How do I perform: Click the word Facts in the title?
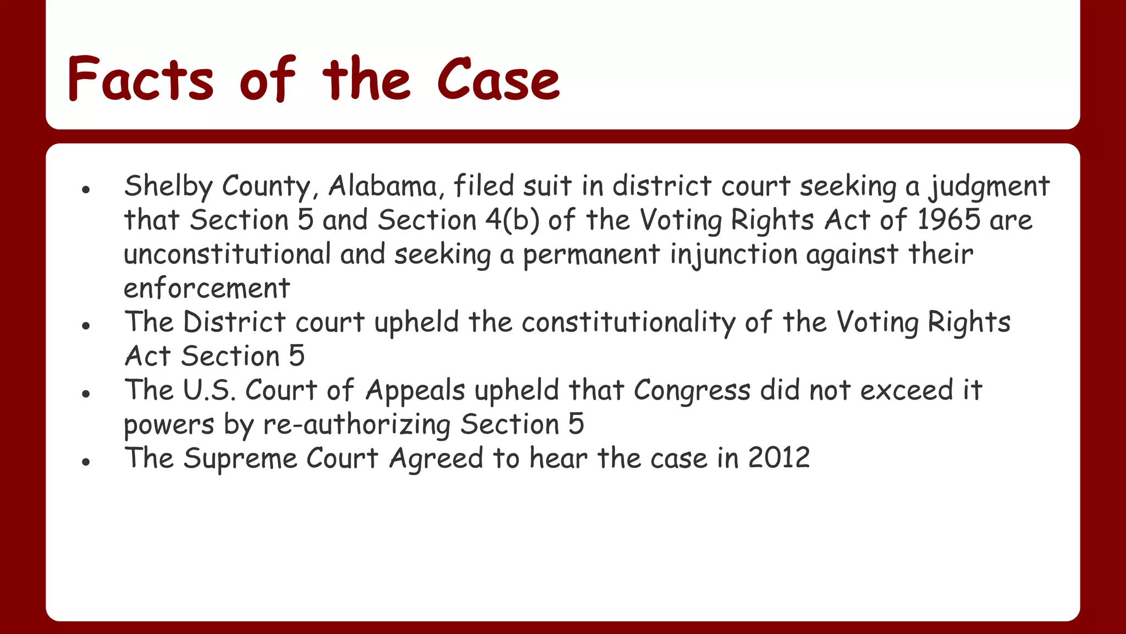pos(140,80)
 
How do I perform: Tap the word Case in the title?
pos(498,80)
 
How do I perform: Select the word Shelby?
pos(168,187)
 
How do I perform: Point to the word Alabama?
pos(383,187)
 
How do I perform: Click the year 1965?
pos(949,220)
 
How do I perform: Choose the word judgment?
pos(989,187)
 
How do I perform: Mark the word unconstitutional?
pos(227,254)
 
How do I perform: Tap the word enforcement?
pos(207,288)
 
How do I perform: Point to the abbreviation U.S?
pos(209,390)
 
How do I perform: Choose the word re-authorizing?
pos(357,425)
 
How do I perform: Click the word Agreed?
pos(436,459)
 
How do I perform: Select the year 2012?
pos(779,458)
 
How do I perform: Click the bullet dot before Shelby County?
pos(85,190)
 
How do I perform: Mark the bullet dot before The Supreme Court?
pos(85,462)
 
